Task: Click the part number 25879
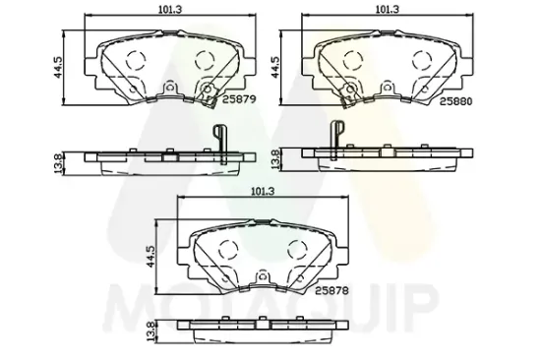click(x=239, y=99)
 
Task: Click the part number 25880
click(x=455, y=101)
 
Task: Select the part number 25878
click(x=331, y=290)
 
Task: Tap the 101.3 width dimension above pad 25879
click(x=170, y=9)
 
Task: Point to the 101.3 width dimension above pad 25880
click(x=388, y=9)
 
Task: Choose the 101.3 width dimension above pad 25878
click(x=263, y=192)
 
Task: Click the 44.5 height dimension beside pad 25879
click(x=58, y=67)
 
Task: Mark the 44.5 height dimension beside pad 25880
click(x=275, y=67)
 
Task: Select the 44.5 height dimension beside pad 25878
click(x=150, y=256)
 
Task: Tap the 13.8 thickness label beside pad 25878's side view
click(x=150, y=332)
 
